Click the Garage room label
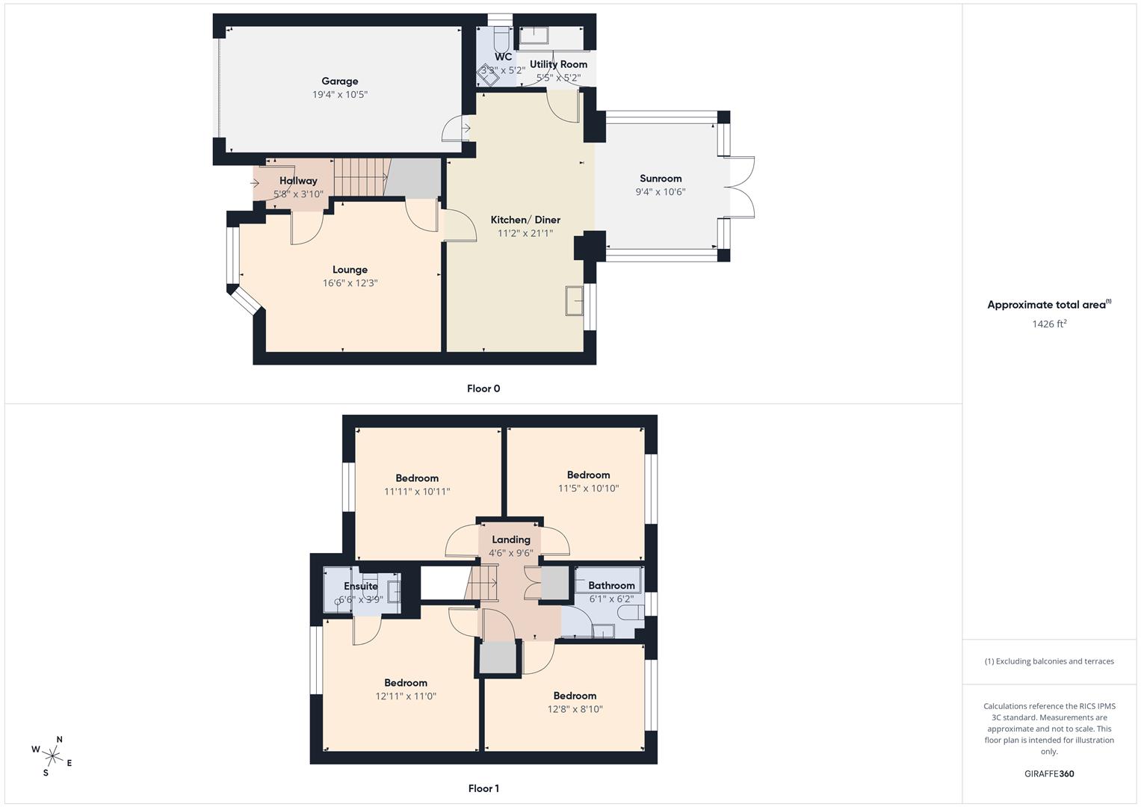coord(339,81)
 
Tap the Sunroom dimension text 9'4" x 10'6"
coord(660,192)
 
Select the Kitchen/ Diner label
coord(525,220)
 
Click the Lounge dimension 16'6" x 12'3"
coord(350,283)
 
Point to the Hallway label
coord(298,181)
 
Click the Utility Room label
coord(558,64)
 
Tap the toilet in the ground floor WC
coord(501,37)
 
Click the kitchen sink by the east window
coord(574,301)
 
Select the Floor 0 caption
coord(483,389)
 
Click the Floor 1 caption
coord(483,788)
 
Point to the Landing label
coord(511,539)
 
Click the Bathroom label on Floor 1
coord(611,585)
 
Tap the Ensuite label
coord(360,587)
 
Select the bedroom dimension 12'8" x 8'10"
coord(575,709)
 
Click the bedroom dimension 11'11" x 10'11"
coord(417,492)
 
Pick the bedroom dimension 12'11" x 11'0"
coord(406,696)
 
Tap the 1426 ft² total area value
coord(1049,324)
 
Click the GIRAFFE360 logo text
coord(1049,774)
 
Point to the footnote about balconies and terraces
coord(1049,661)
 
